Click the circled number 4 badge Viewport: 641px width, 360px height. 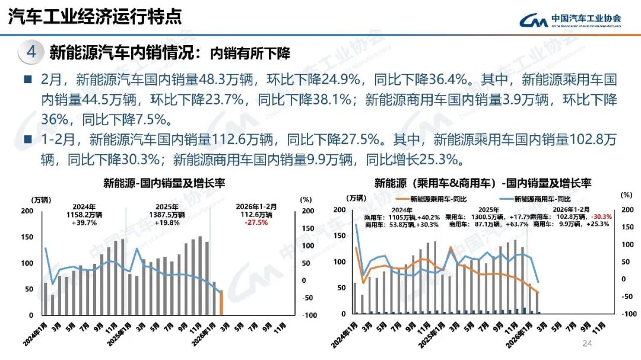pyautogui.click(x=32, y=53)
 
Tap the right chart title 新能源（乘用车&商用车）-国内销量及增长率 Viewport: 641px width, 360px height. pyautogui.click(x=483, y=183)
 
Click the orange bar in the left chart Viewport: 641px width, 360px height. pyautogui.click(x=221, y=303)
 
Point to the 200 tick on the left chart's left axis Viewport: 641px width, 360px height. pyautogui.click(x=27, y=211)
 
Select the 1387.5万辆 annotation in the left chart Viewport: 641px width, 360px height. pyautogui.click(x=168, y=215)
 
